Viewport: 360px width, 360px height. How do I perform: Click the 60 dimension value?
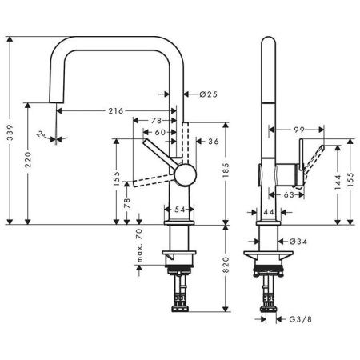[160, 131]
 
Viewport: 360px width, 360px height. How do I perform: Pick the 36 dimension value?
[213, 142]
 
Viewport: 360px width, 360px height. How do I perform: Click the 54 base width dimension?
[179, 209]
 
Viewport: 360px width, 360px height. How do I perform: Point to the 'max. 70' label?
[138, 246]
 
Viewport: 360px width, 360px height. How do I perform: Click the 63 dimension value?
[289, 193]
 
